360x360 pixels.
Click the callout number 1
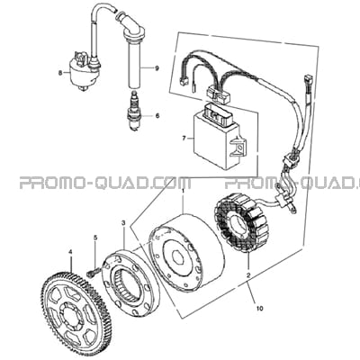[184, 191]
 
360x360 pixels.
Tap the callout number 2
[248, 274]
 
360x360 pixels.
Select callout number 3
[123, 222]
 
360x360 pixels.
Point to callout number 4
[71, 252]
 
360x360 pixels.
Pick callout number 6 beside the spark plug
[157, 116]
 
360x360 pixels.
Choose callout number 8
[60, 72]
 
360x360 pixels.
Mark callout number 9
[157, 68]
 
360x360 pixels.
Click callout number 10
[260, 308]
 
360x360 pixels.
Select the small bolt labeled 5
[92, 273]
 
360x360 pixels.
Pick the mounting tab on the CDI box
[239, 147]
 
